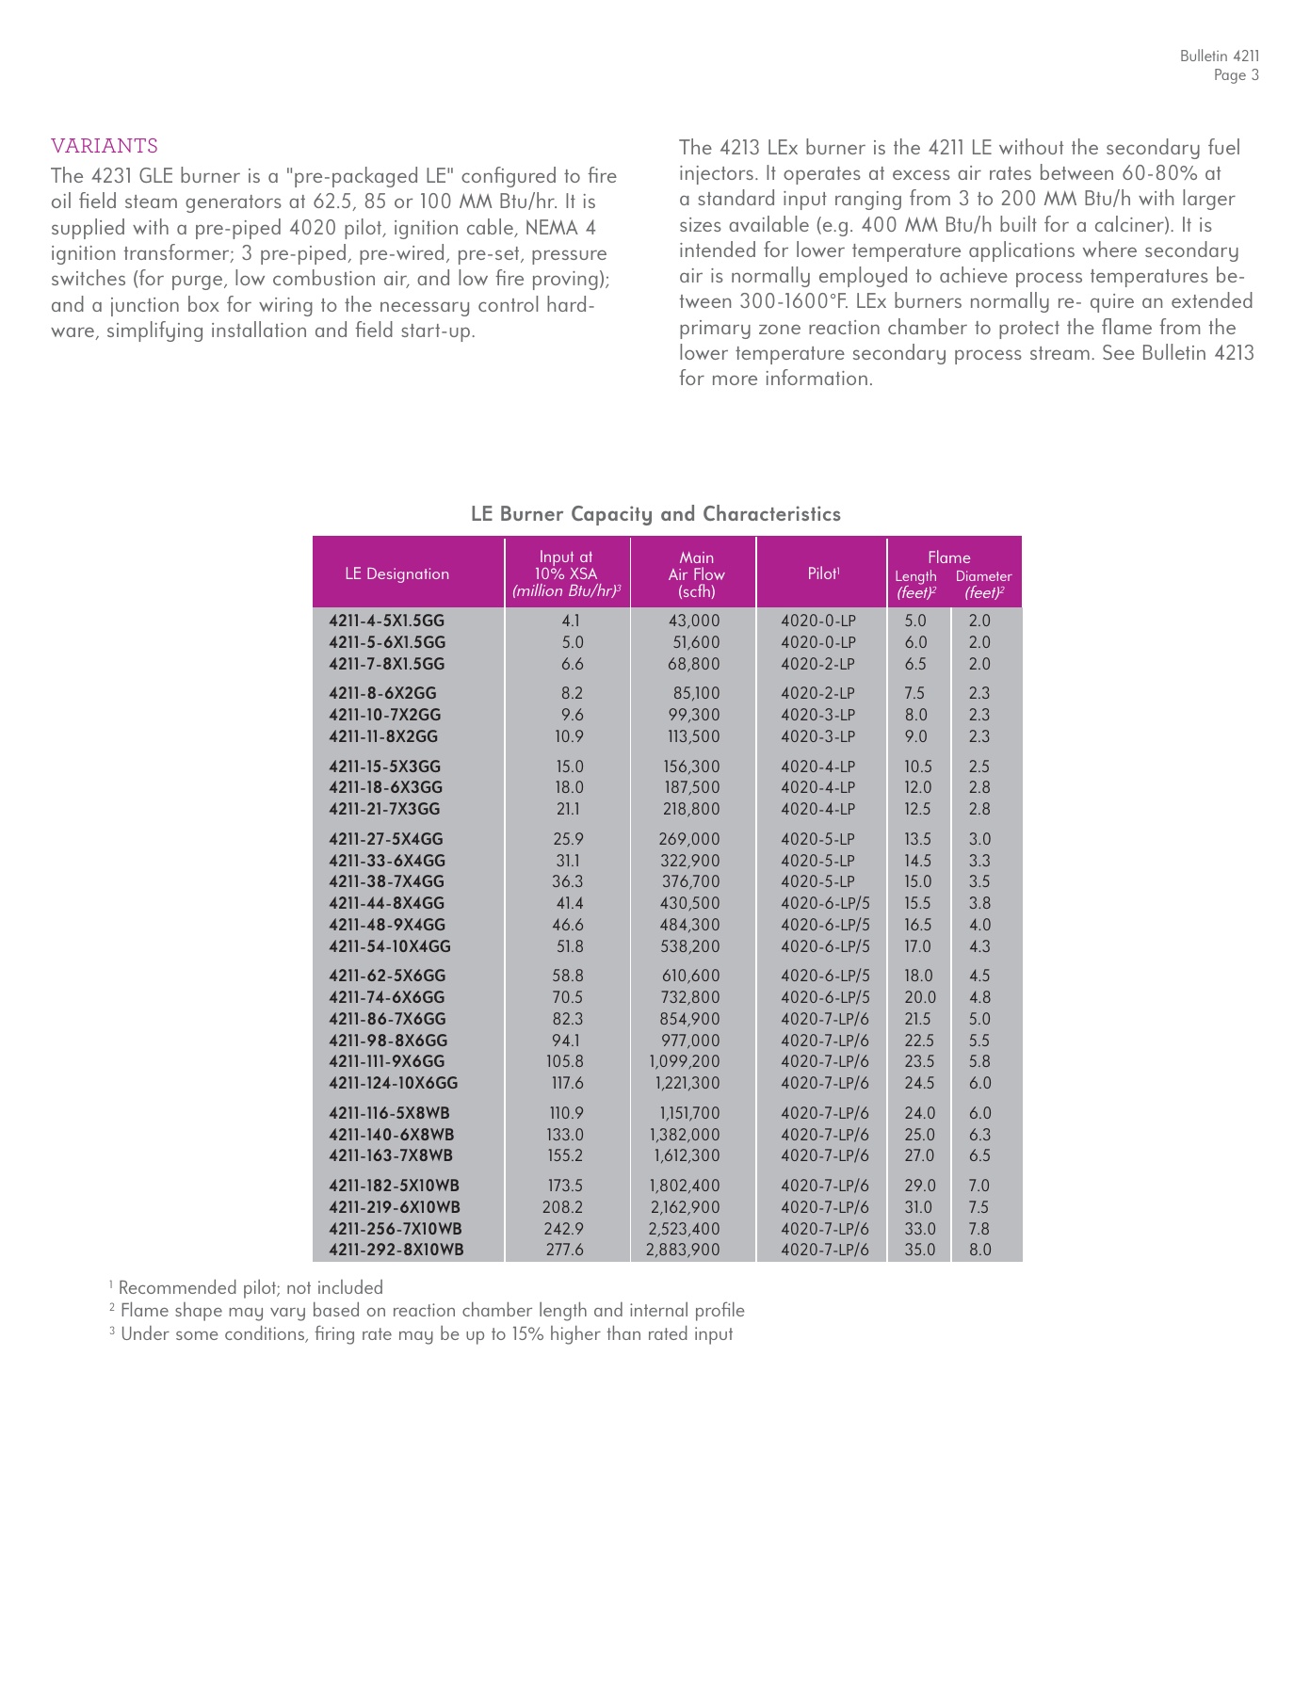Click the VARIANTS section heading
pos(105,146)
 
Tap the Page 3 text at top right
pos(1236,75)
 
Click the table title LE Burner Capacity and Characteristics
pos(655,514)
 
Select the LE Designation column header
pos(396,573)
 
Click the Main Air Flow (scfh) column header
pos(696,574)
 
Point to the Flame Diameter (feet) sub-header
pos(983,584)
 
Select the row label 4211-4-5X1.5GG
pos(386,621)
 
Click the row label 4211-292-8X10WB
pos(396,1250)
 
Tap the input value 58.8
pos(567,976)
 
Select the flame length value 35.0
pos(919,1250)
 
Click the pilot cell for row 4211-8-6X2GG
pos(817,693)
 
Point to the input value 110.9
pos(566,1113)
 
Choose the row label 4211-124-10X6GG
pos(393,1083)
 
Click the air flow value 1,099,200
pos(685,1061)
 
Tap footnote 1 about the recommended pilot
pos(247,1287)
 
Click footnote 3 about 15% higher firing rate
pos(421,1333)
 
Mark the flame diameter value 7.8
pos(979,1229)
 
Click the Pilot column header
pos(823,573)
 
